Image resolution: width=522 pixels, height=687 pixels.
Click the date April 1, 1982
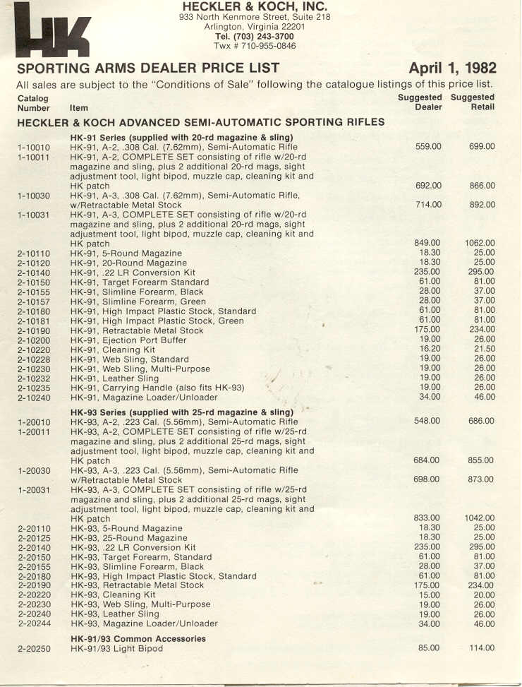452,68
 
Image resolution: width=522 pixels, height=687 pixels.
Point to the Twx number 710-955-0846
255,46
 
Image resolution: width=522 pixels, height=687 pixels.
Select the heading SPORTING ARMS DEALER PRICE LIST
148,68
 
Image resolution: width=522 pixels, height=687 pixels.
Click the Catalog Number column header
33,103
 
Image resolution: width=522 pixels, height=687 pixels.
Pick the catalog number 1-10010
34,147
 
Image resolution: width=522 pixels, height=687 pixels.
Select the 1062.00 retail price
480,243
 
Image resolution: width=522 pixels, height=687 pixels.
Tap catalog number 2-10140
34,272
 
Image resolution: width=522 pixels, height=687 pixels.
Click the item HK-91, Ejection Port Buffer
133,340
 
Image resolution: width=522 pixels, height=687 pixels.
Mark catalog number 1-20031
34,489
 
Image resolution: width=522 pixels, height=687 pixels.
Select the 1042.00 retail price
480,518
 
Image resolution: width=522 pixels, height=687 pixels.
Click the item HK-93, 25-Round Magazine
129,537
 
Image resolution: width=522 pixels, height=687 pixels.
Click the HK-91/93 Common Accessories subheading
138,638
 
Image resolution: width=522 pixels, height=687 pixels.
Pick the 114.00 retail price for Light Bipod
482,648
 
